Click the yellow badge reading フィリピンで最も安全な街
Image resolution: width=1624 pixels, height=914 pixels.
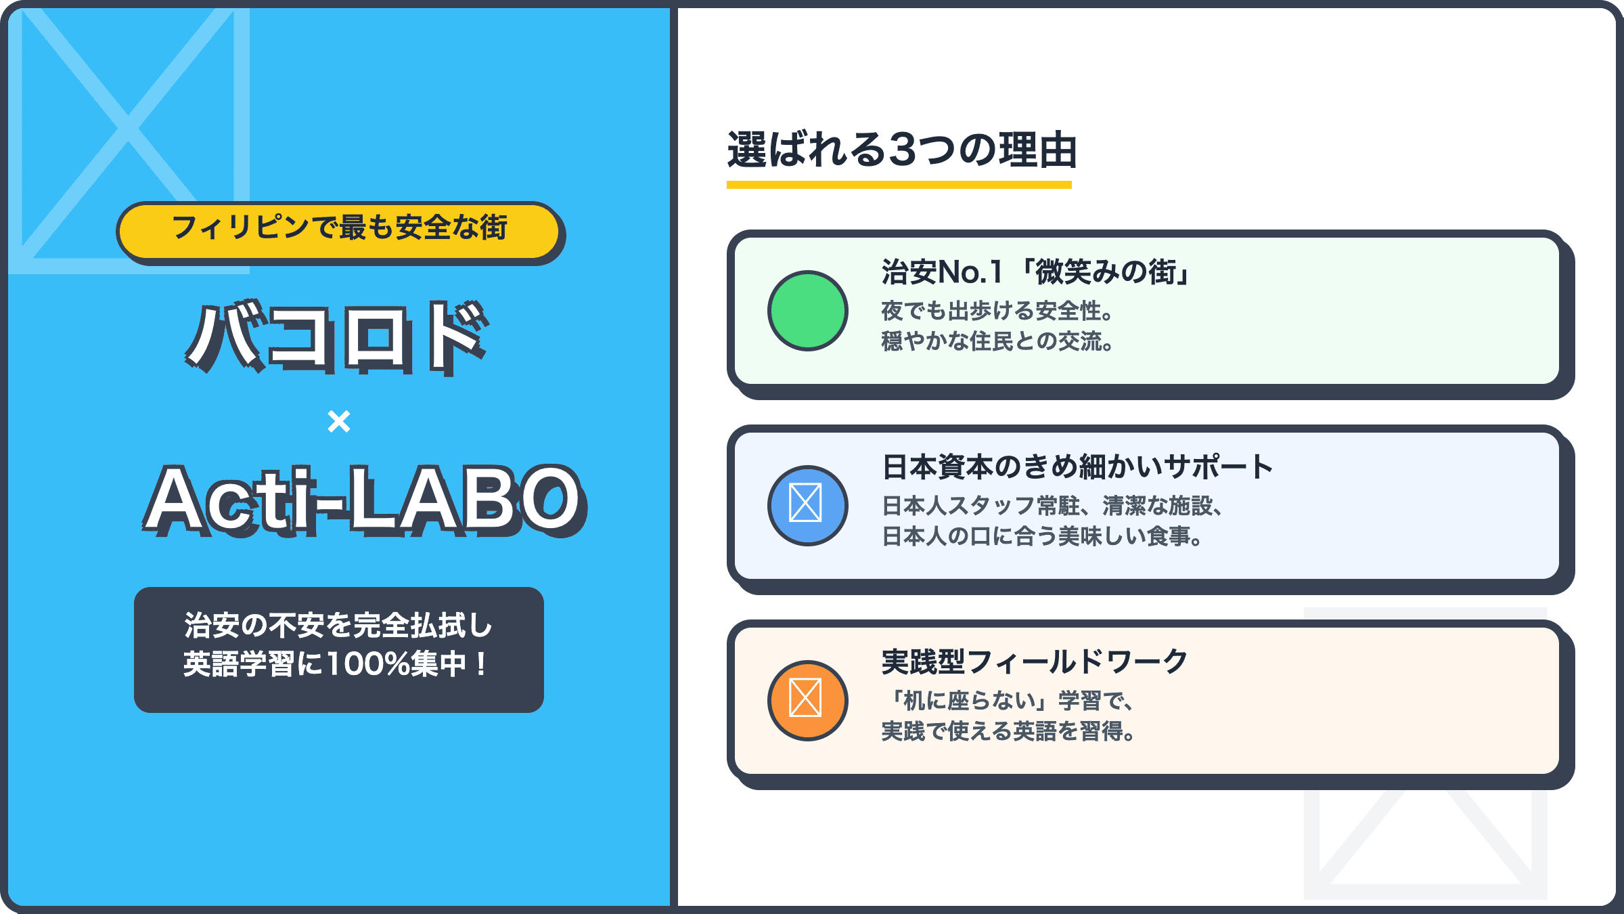click(339, 231)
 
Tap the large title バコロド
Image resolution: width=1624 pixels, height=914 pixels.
click(337, 336)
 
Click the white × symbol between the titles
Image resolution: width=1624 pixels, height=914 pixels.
click(339, 421)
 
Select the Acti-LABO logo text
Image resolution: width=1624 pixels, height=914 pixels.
click(364, 500)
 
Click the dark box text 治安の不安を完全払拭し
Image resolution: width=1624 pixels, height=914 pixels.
click(338, 625)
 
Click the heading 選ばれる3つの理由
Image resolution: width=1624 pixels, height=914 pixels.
click(901, 150)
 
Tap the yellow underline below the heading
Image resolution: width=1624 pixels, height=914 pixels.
click(899, 185)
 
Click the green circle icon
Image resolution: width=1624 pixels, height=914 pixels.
click(807, 311)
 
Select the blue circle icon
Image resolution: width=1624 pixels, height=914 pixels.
click(807, 506)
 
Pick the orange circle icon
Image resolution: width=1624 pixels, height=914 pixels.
click(807, 701)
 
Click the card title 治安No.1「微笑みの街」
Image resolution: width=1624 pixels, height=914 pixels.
click(1037, 272)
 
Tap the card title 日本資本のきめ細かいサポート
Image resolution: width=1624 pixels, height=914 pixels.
click(1077, 467)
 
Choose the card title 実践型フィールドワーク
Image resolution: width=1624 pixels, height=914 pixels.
click(1035, 661)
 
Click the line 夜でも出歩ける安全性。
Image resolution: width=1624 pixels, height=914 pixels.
click(998, 311)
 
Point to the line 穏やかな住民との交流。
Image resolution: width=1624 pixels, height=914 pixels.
click(998, 341)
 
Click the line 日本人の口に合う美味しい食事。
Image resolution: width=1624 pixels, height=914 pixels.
click(1043, 536)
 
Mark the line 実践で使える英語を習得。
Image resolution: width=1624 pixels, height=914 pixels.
click(1008, 731)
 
